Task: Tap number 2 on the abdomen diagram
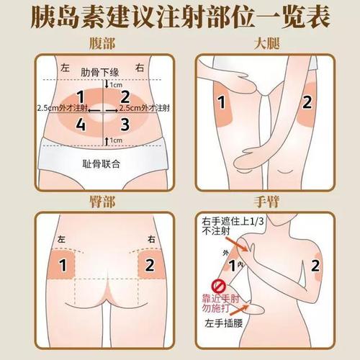pyautogui.click(x=125, y=96)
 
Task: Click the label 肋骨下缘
pyautogui.click(x=107, y=71)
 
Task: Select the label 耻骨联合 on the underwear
pyautogui.click(x=101, y=163)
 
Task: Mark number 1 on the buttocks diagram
pyautogui.click(x=62, y=264)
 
